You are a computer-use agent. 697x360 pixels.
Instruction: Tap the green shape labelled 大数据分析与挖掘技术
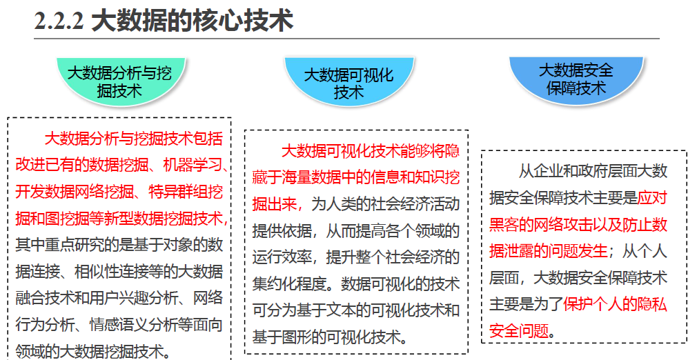coord(119,80)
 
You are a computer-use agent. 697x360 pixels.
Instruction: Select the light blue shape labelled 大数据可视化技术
coord(348,81)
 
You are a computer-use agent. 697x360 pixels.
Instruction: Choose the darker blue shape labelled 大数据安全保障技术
coord(576,78)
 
